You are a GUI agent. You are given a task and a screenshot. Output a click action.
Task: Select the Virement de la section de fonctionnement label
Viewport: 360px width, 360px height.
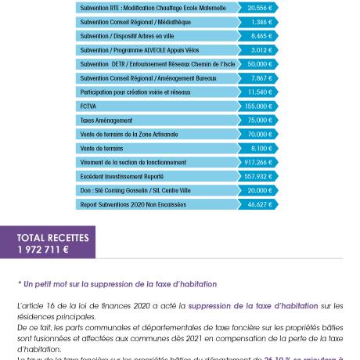pyautogui.click(x=133, y=162)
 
